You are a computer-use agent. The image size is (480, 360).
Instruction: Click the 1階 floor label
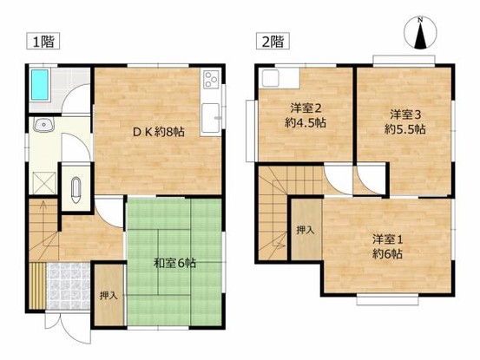41,42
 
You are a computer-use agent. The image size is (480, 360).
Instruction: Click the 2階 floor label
269,42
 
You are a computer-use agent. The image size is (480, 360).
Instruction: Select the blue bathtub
41,87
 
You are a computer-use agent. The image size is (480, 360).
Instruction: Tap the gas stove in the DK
211,82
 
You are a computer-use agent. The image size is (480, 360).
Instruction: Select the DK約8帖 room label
158,132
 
